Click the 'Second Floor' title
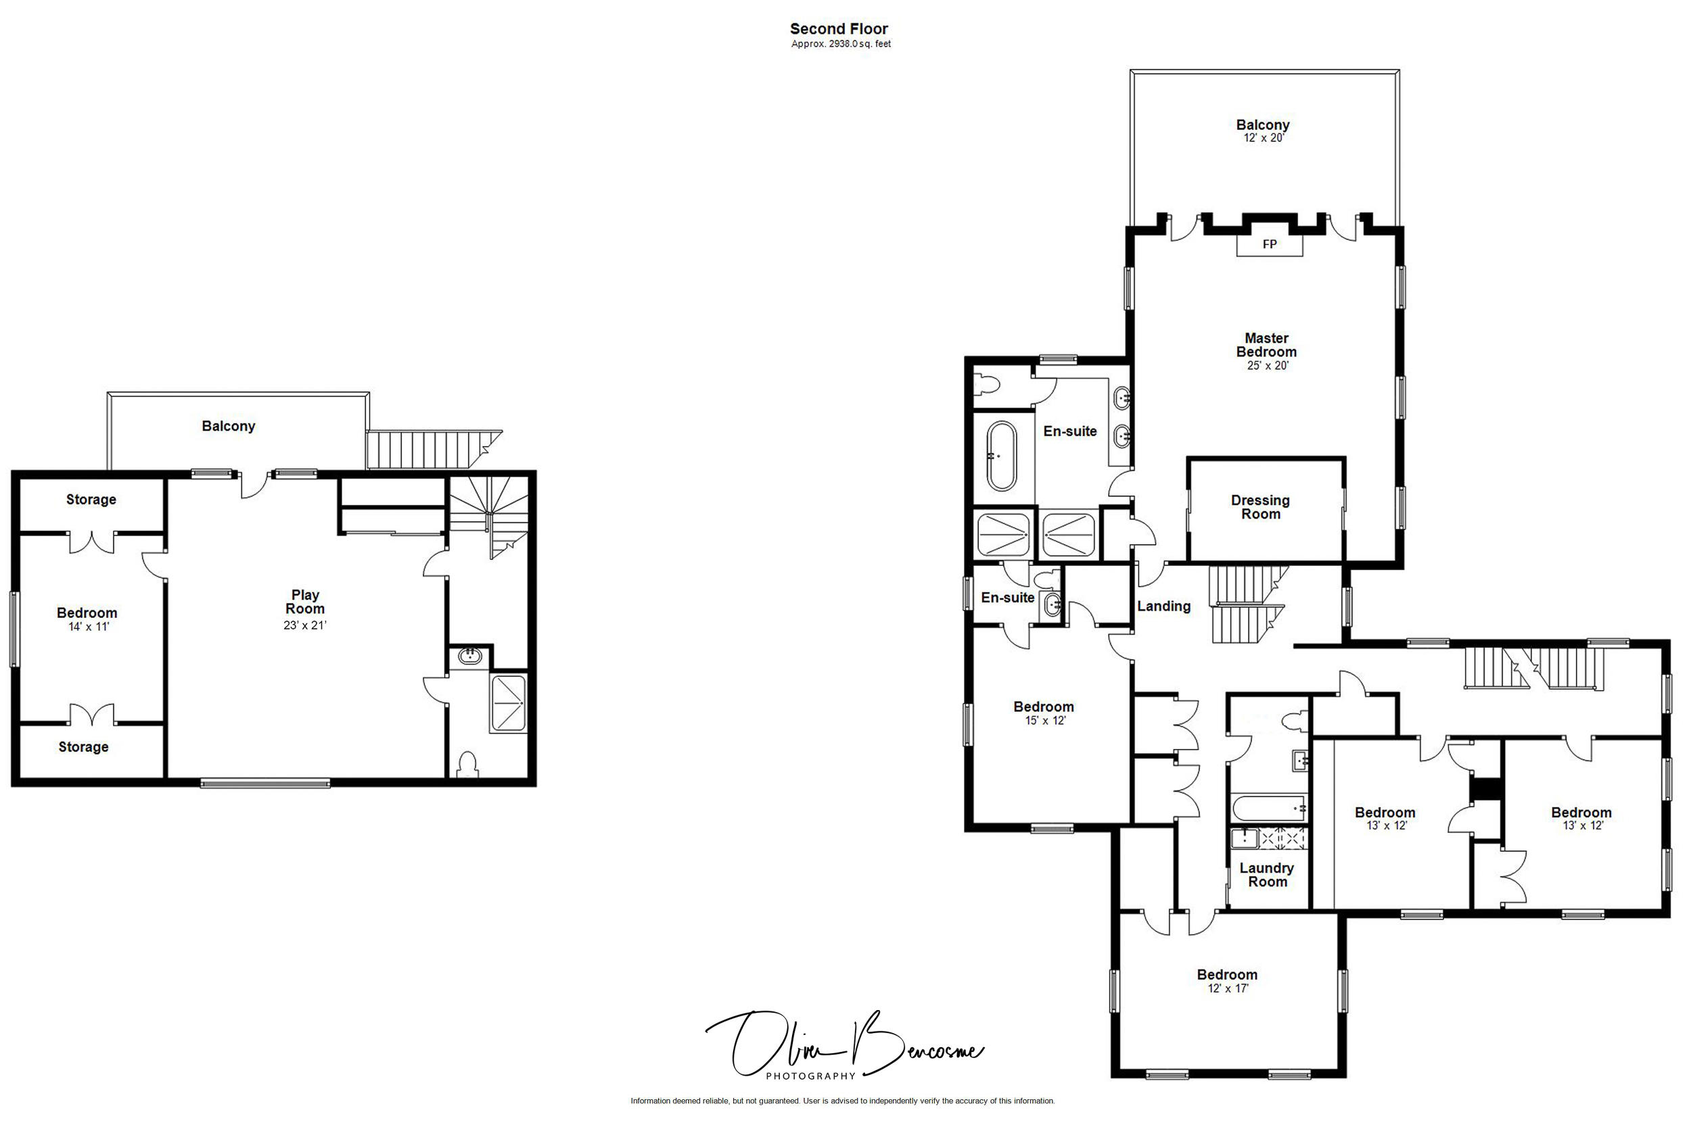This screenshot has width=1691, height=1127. [838, 29]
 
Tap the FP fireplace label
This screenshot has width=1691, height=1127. [1269, 244]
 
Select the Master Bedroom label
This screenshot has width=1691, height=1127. [1266, 345]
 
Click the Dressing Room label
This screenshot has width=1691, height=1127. [1259, 507]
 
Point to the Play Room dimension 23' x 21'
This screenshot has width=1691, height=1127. [305, 625]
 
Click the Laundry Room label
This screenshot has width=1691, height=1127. [1266, 875]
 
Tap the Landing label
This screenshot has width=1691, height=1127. [1163, 606]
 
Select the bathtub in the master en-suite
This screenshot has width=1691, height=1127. [1002, 456]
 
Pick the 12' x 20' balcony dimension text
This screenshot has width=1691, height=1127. [1264, 138]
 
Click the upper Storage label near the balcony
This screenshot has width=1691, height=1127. [91, 500]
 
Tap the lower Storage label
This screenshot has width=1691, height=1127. [83, 747]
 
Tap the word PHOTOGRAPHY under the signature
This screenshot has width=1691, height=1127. [810, 1076]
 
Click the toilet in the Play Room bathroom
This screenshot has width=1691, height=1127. [467, 764]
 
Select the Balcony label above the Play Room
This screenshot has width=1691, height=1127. [228, 426]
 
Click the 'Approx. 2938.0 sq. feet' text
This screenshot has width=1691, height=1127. [841, 44]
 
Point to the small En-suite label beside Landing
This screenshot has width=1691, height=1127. [1007, 597]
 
